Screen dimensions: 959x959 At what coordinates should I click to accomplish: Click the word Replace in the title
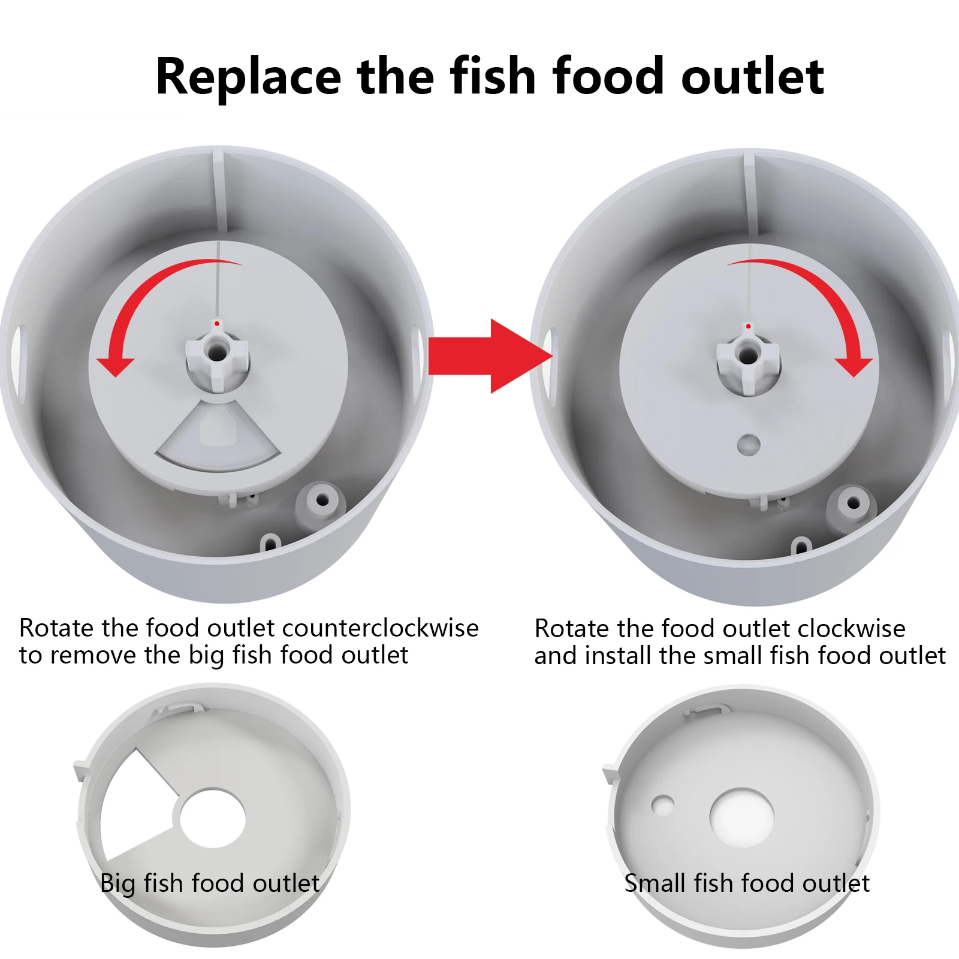[248, 77]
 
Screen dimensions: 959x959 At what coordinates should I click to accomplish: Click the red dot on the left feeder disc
[217, 324]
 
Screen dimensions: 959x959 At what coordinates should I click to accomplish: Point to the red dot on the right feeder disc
[748, 327]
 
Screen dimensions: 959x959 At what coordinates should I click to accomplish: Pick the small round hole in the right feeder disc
[749, 445]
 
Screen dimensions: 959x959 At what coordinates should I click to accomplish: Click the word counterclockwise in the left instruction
[380, 628]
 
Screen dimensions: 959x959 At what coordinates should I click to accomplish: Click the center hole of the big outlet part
[213, 819]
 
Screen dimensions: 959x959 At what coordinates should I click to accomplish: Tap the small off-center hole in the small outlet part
[663, 805]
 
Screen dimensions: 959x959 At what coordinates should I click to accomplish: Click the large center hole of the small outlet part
[742, 817]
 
